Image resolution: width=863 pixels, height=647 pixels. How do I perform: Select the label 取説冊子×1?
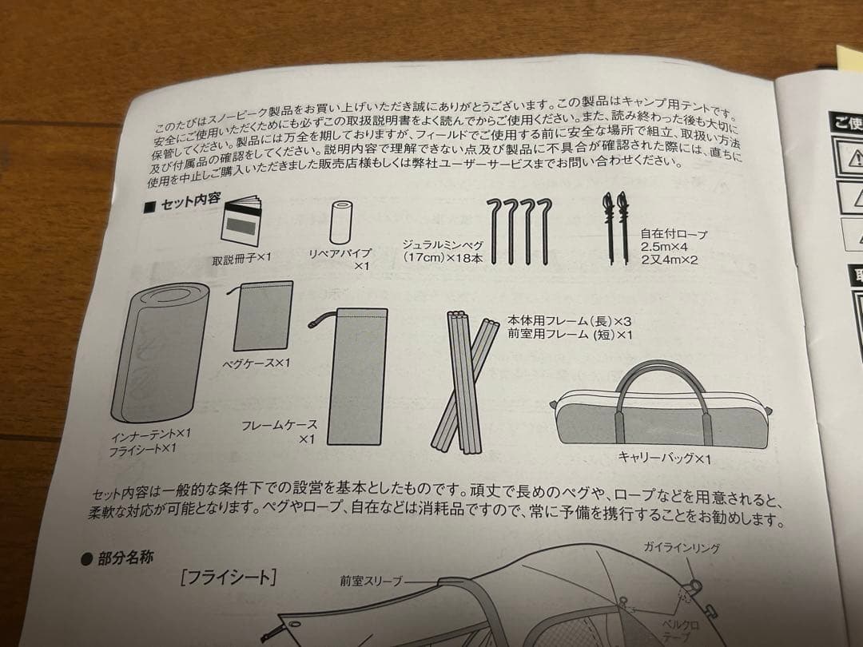point(243,260)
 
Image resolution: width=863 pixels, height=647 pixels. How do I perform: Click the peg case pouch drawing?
point(262,316)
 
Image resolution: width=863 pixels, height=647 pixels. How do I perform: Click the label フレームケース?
point(280,426)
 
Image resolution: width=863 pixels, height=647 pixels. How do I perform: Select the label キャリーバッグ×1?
point(664,458)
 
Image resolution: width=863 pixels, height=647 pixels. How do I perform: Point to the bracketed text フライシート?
point(229,577)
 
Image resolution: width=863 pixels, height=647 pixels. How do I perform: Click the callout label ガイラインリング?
point(682,548)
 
